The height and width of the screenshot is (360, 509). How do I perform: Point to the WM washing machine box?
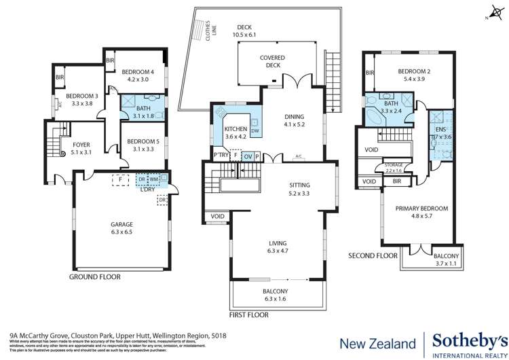153,179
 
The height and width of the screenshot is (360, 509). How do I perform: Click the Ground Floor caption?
95,277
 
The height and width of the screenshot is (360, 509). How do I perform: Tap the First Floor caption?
250,315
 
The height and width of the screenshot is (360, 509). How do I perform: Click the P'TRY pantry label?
220,156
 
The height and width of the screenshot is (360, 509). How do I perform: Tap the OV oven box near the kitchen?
248,156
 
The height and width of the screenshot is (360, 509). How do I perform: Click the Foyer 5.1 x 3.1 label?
81,147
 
